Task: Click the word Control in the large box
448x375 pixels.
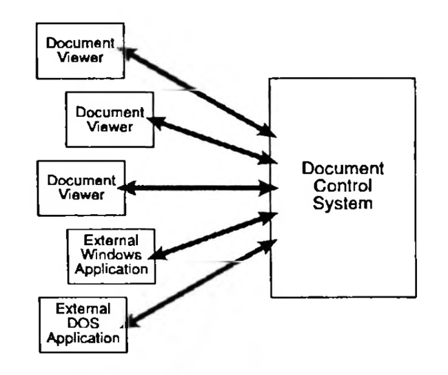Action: click(x=343, y=186)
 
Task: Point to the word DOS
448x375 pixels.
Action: click(x=83, y=325)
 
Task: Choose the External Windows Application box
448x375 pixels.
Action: click(x=110, y=256)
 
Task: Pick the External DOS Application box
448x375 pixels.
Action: click(x=83, y=323)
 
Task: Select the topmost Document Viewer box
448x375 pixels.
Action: click(x=81, y=52)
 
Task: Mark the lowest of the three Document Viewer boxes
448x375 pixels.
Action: click(x=81, y=188)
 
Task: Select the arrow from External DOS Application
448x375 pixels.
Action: click(x=200, y=281)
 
